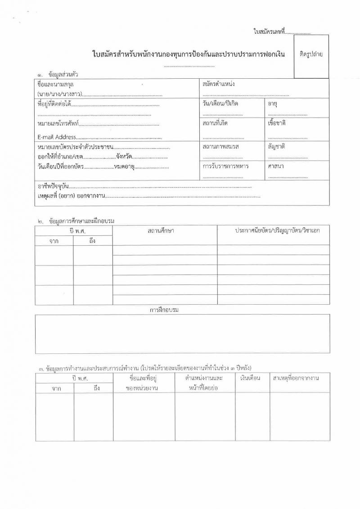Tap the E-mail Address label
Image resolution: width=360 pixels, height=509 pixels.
click(57, 137)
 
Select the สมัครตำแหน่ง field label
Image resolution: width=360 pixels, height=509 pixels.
click(219, 84)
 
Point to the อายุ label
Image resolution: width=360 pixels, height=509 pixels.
click(272, 104)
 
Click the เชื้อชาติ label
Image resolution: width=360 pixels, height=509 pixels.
click(277, 123)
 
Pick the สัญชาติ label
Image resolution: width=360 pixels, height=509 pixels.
click(276, 147)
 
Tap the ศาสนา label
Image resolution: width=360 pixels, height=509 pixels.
click(275, 166)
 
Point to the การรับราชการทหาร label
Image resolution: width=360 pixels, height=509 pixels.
click(226, 166)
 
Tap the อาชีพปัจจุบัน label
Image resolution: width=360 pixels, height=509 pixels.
click(53, 186)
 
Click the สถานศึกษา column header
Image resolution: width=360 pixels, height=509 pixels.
click(161, 230)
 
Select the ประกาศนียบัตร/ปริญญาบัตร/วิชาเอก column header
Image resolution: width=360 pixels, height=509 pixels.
click(277, 230)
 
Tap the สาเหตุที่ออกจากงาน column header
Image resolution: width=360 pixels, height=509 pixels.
click(296, 378)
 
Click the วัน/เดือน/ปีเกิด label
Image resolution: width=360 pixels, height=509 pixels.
click(220, 104)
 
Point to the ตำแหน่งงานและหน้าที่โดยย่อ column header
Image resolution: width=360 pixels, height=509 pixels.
click(204, 383)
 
